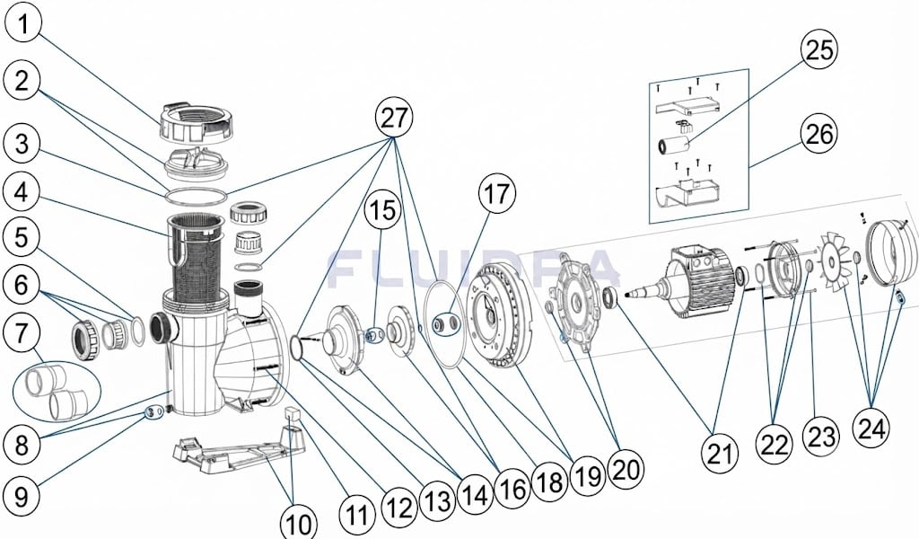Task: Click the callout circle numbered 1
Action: tap(22, 25)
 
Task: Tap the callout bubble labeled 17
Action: tap(497, 194)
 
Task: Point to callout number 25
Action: tap(819, 50)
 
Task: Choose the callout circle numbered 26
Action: tap(819, 135)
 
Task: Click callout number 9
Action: tap(22, 498)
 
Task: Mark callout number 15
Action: tap(384, 211)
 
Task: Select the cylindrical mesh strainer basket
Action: tap(197, 258)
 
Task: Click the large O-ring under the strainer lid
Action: tap(197, 197)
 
